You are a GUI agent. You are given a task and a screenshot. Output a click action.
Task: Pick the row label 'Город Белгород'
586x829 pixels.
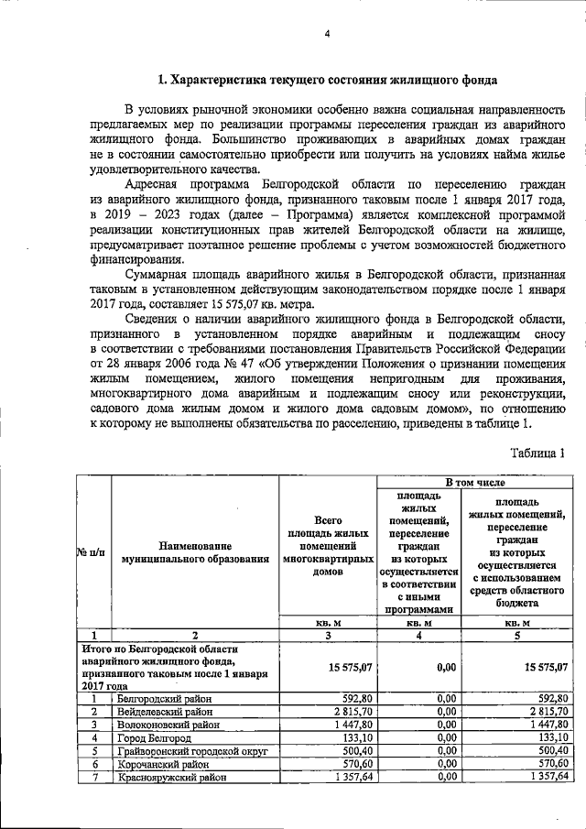[x=154, y=737]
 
